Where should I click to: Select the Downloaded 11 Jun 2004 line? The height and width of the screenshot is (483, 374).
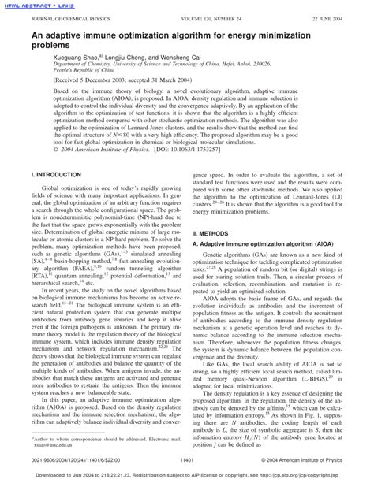tap(187, 475)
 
